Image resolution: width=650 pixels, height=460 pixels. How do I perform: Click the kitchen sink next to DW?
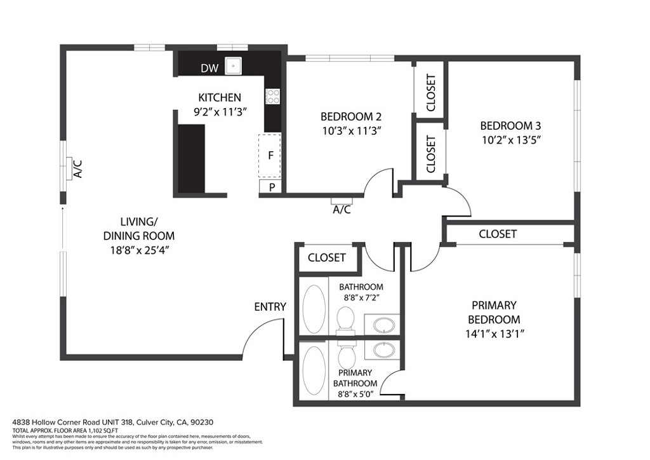pos(234,66)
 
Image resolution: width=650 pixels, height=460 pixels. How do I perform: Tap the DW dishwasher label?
pos(209,68)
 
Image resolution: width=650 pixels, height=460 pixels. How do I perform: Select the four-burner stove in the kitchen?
pos(273,96)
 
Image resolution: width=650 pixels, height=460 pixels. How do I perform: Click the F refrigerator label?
pos(270,156)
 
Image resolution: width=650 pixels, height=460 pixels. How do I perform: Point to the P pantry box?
pos(270,187)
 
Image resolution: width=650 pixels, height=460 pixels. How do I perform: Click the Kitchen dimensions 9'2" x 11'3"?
pos(220,112)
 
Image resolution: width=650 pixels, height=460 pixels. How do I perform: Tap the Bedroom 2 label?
pos(351,116)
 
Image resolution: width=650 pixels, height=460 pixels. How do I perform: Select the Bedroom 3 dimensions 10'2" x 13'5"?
pos(511,140)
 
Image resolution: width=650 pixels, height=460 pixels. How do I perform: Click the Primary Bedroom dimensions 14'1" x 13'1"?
pos(494,334)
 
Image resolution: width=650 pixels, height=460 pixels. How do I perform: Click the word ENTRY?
pos(270,306)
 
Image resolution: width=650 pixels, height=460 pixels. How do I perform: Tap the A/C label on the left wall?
pos(77,169)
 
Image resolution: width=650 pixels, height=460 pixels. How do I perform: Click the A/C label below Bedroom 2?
pos(342,210)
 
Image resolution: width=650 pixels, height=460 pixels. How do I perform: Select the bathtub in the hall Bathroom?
pos(314,309)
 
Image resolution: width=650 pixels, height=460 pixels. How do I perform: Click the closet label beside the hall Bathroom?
pos(327,257)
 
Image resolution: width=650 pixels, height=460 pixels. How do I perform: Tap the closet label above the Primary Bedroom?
pos(498,234)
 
